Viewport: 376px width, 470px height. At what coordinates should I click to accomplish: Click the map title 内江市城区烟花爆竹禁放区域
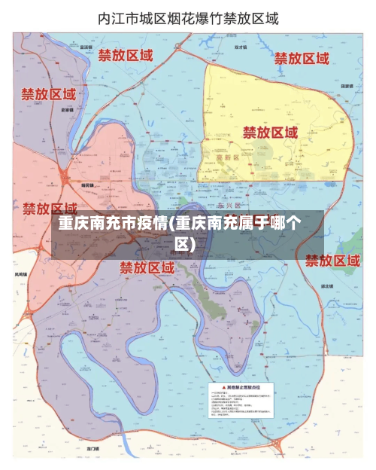pos(188,19)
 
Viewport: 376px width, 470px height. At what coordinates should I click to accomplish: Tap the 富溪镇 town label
pos(86,47)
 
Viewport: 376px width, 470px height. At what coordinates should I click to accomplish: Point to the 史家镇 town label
pos(67,109)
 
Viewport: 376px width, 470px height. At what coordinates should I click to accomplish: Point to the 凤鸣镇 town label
pos(22,274)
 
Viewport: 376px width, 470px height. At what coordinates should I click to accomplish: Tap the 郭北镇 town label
pos(327,285)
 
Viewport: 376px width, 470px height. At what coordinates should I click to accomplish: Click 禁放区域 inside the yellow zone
pos(270,133)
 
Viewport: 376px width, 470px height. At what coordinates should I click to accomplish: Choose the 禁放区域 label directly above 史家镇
pos(48,95)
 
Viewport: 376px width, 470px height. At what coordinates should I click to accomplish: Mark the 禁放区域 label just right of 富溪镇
pos(126,55)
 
